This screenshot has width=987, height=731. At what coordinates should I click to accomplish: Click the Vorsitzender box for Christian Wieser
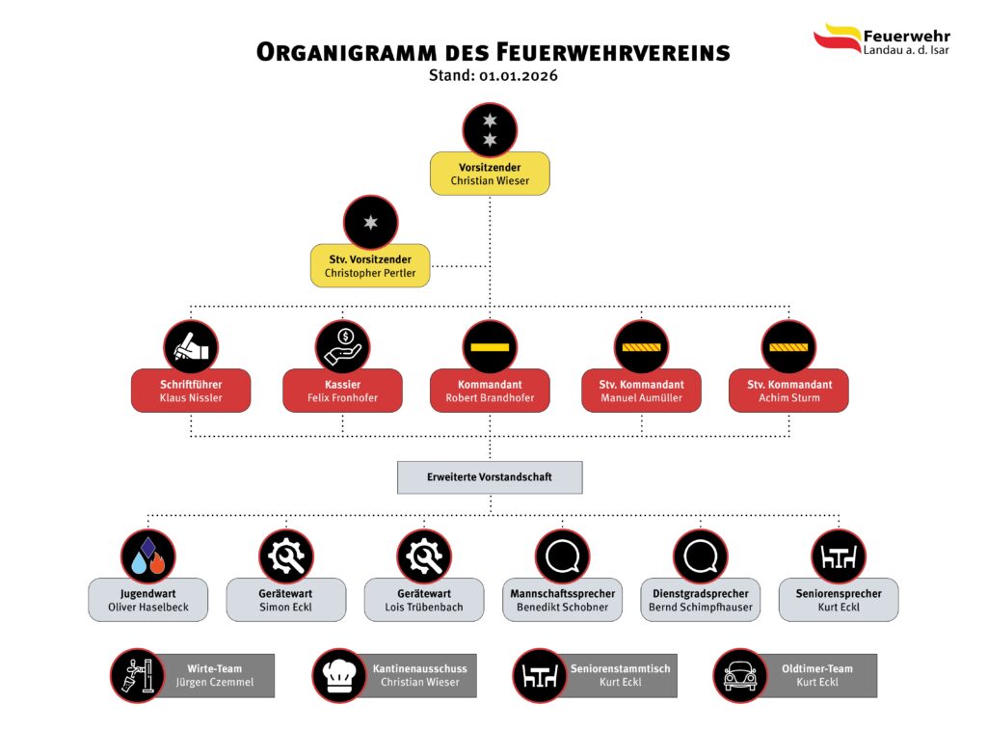pos(490,175)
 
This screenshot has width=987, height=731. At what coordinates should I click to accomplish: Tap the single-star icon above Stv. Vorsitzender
pos(370,223)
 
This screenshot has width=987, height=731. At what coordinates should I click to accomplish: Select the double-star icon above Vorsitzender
pos(490,130)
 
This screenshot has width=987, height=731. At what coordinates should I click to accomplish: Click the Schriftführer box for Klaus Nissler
pos(191,391)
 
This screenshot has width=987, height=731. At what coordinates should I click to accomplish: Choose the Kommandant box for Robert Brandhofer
pos(490,391)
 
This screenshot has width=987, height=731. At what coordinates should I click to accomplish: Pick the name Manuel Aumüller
pos(641,397)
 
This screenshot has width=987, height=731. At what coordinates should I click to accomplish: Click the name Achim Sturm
pos(788,397)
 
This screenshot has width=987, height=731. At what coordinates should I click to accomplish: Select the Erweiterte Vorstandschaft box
pos(490,477)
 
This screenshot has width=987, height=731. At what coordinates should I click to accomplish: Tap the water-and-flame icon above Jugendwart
pos(148,556)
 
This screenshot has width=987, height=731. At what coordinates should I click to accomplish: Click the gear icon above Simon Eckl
pos(286,556)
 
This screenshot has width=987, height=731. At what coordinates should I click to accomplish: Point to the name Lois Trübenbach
pos(424,608)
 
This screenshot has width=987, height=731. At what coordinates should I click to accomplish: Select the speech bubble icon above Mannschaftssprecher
pos(562,556)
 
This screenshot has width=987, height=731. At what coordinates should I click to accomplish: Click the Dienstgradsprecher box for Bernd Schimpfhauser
pos(700,600)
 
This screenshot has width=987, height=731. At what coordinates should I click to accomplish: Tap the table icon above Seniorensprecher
pos(839,556)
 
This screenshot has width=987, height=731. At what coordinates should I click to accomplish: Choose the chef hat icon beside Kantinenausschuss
pos(339,675)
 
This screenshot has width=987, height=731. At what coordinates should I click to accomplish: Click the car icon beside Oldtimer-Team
pos(740,675)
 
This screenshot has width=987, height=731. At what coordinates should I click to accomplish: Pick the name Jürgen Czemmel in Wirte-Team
pos(215,683)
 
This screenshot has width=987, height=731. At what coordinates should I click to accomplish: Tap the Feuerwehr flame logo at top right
pos(837,39)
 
